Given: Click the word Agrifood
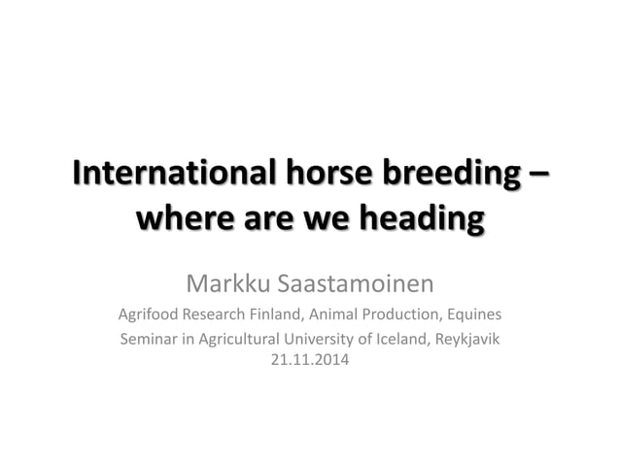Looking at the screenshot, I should (147, 315).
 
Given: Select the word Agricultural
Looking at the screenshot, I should (232, 340).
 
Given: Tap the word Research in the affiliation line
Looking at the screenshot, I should (209, 315).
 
